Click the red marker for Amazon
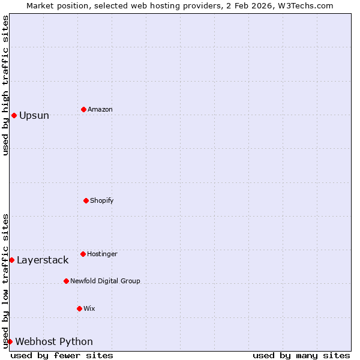(x=83, y=109)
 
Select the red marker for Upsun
(x=14, y=115)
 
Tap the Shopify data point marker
(x=86, y=200)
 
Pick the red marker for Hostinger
(x=83, y=254)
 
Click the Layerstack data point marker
(x=11, y=260)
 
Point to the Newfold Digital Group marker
(x=66, y=281)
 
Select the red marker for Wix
(x=79, y=308)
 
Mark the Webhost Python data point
(x=10, y=341)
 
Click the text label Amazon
(x=100, y=109)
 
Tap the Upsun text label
(x=34, y=115)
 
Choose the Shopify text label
(x=102, y=200)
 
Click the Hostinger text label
(x=102, y=254)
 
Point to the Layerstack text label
(x=43, y=260)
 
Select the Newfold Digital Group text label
(x=105, y=281)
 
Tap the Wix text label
(x=89, y=308)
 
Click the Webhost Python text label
(x=54, y=341)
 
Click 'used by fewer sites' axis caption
(x=62, y=355)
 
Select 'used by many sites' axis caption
(x=301, y=355)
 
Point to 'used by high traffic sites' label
(x=5, y=85)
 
